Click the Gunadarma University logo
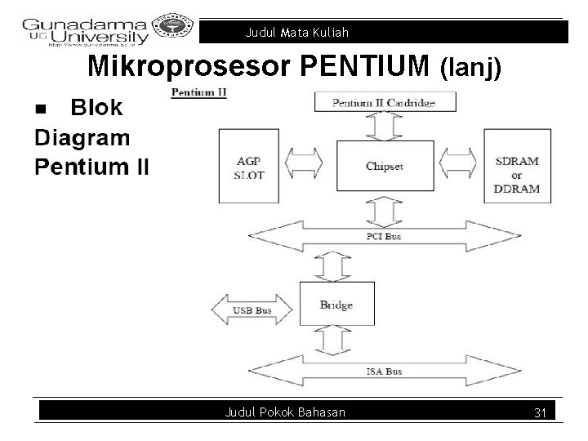86,31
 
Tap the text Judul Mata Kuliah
297,33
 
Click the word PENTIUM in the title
367,67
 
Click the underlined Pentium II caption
198,92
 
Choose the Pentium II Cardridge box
385,103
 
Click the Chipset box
384,167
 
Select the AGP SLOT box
250,167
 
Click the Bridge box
336,305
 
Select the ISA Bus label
383,372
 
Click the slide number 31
539,413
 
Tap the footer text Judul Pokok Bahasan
285,412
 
